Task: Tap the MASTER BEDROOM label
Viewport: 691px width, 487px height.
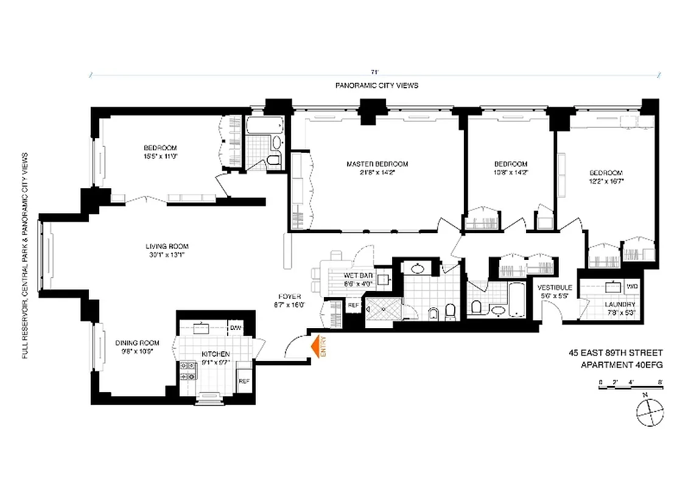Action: [x=377, y=164]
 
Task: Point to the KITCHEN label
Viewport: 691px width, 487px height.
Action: [x=216, y=354]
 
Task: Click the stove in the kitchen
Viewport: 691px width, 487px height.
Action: [x=188, y=371]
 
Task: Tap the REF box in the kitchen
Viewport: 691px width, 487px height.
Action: [x=244, y=381]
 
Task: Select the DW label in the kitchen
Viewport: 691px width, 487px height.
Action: [x=235, y=328]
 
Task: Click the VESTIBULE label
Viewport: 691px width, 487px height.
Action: [x=554, y=287]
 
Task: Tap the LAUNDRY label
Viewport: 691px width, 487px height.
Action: [x=620, y=304]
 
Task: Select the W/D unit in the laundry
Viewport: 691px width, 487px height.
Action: [x=632, y=286]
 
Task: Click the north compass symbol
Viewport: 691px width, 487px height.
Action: [x=649, y=413]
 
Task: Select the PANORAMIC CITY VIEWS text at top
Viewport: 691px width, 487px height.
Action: [x=376, y=86]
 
